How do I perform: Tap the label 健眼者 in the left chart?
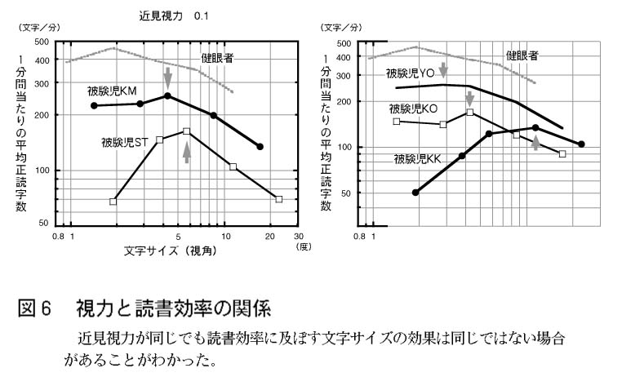(218, 57)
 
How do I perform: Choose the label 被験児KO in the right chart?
(413, 108)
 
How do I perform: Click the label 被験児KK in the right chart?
(418, 158)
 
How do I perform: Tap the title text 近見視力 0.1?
(172, 15)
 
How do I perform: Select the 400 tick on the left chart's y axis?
(41, 60)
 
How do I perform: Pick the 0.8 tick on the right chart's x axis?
(360, 237)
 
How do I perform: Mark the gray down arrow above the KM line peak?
(168, 78)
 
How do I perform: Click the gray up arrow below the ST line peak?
(187, 152)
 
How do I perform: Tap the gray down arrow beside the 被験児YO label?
(443, 70)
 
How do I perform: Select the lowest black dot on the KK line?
(415, 193)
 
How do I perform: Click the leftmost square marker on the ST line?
(113, 201)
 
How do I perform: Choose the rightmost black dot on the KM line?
(260, 147)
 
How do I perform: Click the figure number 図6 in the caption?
(34, 308)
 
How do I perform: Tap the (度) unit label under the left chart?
(304, 246)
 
